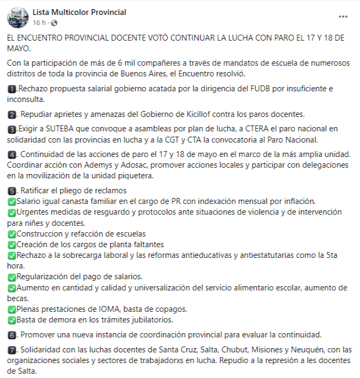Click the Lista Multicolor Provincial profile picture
18,17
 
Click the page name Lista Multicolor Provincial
79,12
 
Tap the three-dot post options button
343,17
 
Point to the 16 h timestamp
39,23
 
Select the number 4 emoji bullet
12,155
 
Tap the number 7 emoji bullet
12,350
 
